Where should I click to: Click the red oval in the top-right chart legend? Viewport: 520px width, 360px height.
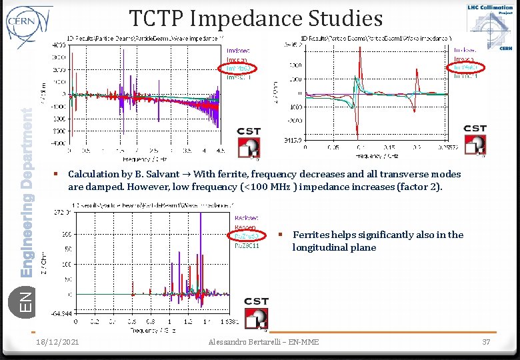[x=466, y=67]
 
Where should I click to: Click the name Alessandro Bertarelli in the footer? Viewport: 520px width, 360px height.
[x=243, y=342]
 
